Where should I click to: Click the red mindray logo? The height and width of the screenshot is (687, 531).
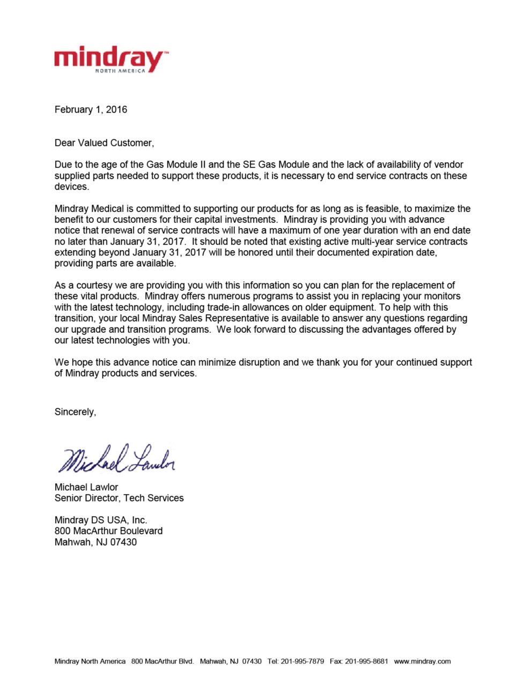point(110,58)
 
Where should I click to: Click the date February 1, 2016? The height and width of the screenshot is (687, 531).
point(91,109)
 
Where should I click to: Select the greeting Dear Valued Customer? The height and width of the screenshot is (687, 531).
point(104,143)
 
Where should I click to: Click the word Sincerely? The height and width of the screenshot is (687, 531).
point(75,412)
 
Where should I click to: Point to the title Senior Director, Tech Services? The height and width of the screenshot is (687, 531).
point(119,498)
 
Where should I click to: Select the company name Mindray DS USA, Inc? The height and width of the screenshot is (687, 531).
point(101,520)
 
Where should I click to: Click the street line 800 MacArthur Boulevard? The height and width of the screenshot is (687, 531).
point(108,531)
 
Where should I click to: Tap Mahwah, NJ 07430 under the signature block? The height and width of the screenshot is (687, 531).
point(95,542)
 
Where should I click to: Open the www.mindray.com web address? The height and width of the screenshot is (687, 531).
point(422,661)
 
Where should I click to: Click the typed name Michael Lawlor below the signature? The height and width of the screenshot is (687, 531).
point(86,487)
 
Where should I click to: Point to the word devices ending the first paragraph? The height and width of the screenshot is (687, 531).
point(71,187)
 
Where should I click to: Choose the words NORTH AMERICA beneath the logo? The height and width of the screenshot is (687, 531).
point(120,71)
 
